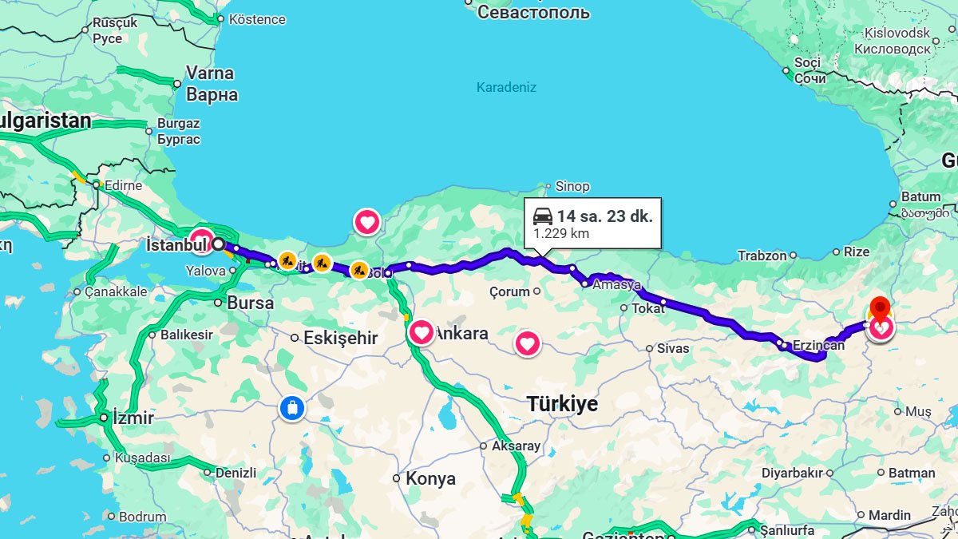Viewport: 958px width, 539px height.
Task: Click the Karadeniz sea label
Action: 506,87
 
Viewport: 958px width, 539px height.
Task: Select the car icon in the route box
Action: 543,216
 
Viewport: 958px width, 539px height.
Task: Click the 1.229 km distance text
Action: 556,234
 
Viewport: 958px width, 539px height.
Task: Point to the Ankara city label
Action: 460,334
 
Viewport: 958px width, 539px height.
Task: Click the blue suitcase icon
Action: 292,408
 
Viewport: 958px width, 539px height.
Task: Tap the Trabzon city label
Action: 762,256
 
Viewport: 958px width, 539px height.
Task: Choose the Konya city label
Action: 430,479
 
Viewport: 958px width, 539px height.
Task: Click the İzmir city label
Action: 133,418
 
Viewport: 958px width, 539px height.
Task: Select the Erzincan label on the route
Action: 818,346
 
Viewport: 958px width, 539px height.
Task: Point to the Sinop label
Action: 572,186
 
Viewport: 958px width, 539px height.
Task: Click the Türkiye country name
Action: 562,404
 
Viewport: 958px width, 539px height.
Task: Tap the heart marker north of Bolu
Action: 366,221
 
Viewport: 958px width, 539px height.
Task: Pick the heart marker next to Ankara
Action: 422,331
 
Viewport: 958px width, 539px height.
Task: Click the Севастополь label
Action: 533,12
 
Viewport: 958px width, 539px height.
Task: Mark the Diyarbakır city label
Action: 792,473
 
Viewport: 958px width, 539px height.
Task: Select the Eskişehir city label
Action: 340,338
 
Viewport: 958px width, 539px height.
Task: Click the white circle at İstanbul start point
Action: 218,244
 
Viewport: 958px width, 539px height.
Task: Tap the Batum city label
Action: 920,196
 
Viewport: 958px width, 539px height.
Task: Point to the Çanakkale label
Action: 116,291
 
